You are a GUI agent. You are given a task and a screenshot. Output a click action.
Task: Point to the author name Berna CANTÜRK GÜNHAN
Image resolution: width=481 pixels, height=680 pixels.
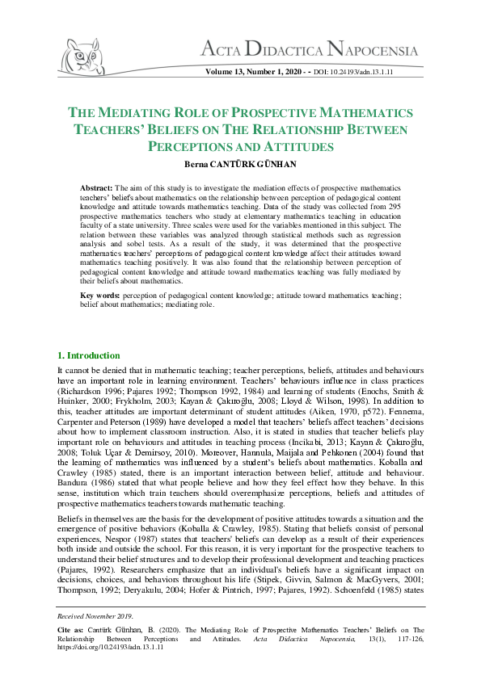pos(240,164)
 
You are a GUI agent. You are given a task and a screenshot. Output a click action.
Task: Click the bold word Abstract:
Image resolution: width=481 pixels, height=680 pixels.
pos(98,187)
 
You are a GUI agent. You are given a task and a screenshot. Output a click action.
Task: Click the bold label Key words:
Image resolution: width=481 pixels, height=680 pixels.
pos(100,296)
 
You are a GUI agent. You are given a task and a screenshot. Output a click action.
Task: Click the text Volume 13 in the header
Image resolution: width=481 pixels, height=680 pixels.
pos(227,73)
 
